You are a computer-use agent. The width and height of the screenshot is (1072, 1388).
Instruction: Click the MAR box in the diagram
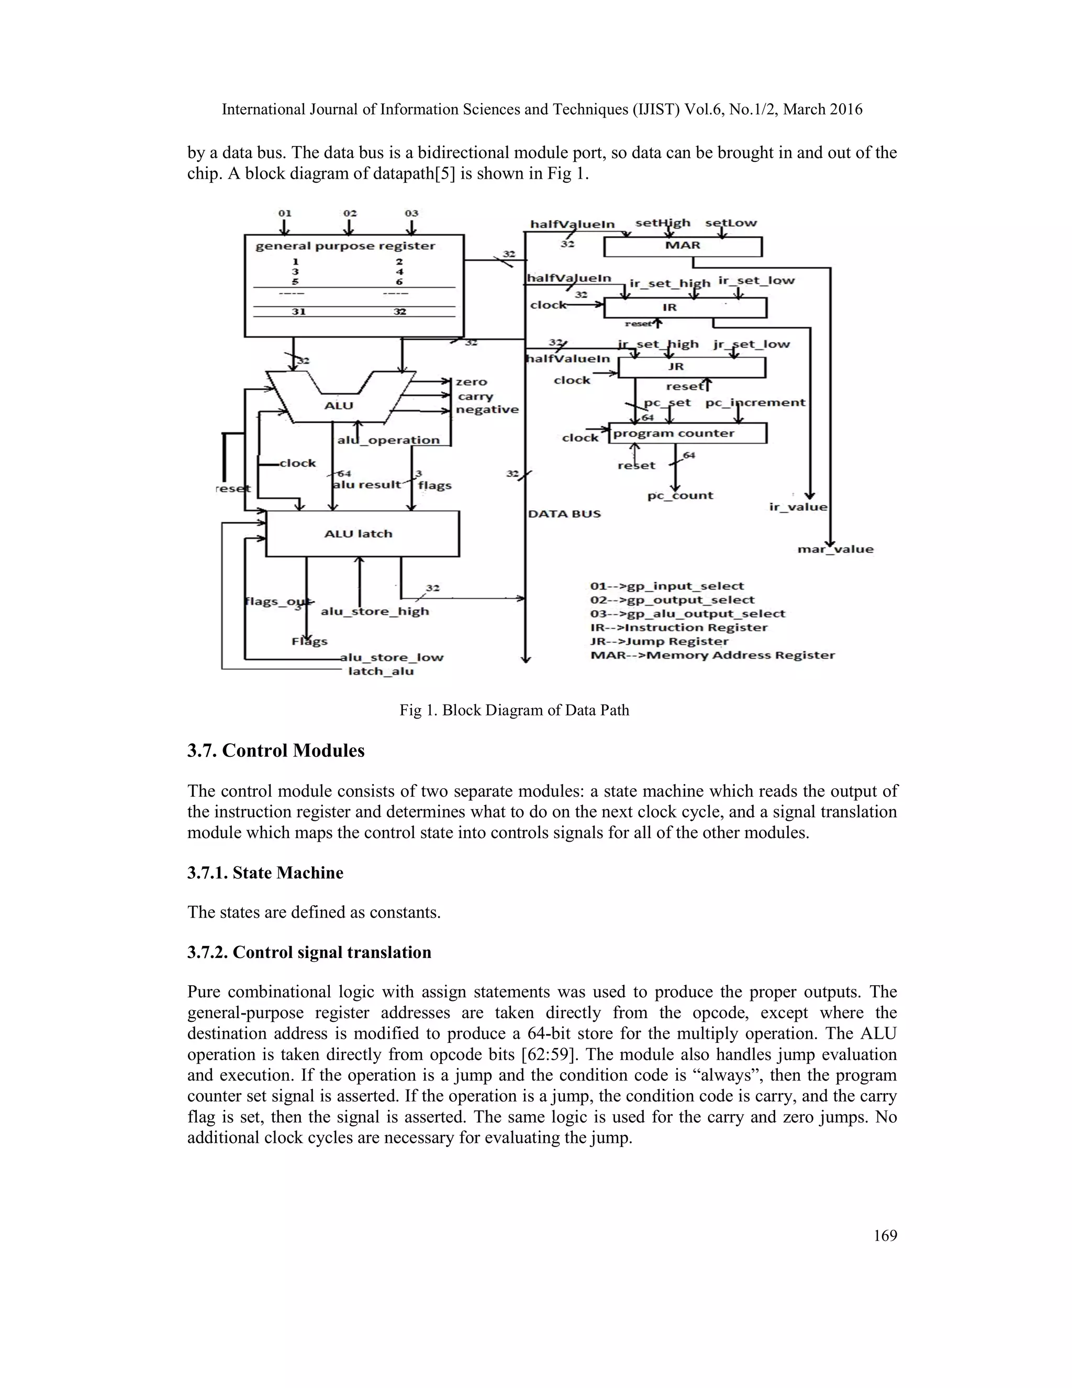tap(683, 246)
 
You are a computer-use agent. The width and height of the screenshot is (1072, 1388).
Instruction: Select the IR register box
tap(685, 308)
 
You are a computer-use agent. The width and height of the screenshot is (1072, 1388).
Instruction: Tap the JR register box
tap(691, 367)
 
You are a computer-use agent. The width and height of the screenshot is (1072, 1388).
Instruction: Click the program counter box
tap(687, 434)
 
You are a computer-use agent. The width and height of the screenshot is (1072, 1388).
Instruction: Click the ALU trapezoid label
tap(339, 405)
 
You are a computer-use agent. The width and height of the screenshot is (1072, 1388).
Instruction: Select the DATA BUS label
tap(564, 513)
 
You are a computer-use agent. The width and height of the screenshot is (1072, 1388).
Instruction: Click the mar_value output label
tap(835, 549)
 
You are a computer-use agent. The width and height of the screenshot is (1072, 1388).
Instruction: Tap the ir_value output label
tap(798, 507)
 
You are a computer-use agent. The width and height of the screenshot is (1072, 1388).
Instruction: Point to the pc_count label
tap(680, 495)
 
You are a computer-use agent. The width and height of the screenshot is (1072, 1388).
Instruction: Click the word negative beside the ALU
tap(487, 410)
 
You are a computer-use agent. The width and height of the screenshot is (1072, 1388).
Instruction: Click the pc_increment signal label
tap(755, 403)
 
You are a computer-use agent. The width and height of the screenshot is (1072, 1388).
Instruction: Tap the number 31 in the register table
tap(298, 312)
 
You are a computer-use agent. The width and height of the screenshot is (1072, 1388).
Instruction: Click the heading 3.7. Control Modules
tap(276, 751)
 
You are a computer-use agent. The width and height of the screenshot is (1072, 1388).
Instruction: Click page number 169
tap(885, 1236)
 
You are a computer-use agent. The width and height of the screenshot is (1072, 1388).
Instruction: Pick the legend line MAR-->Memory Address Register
tap(712, 655)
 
